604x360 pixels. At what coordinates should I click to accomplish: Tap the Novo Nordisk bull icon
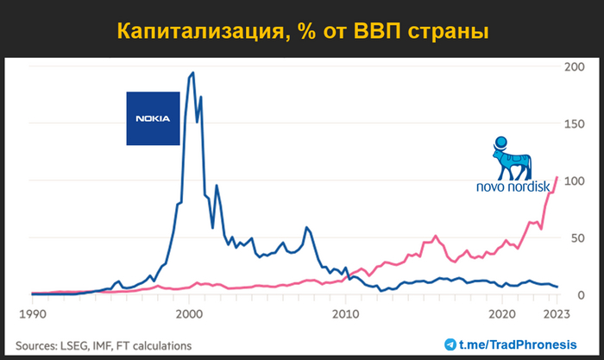tap(512, 157)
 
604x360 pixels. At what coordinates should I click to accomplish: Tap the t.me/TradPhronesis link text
tap(525, 344)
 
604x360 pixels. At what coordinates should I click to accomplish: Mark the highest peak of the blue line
tap(192, 73)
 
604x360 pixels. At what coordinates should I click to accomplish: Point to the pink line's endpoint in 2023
tap(557, 177)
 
